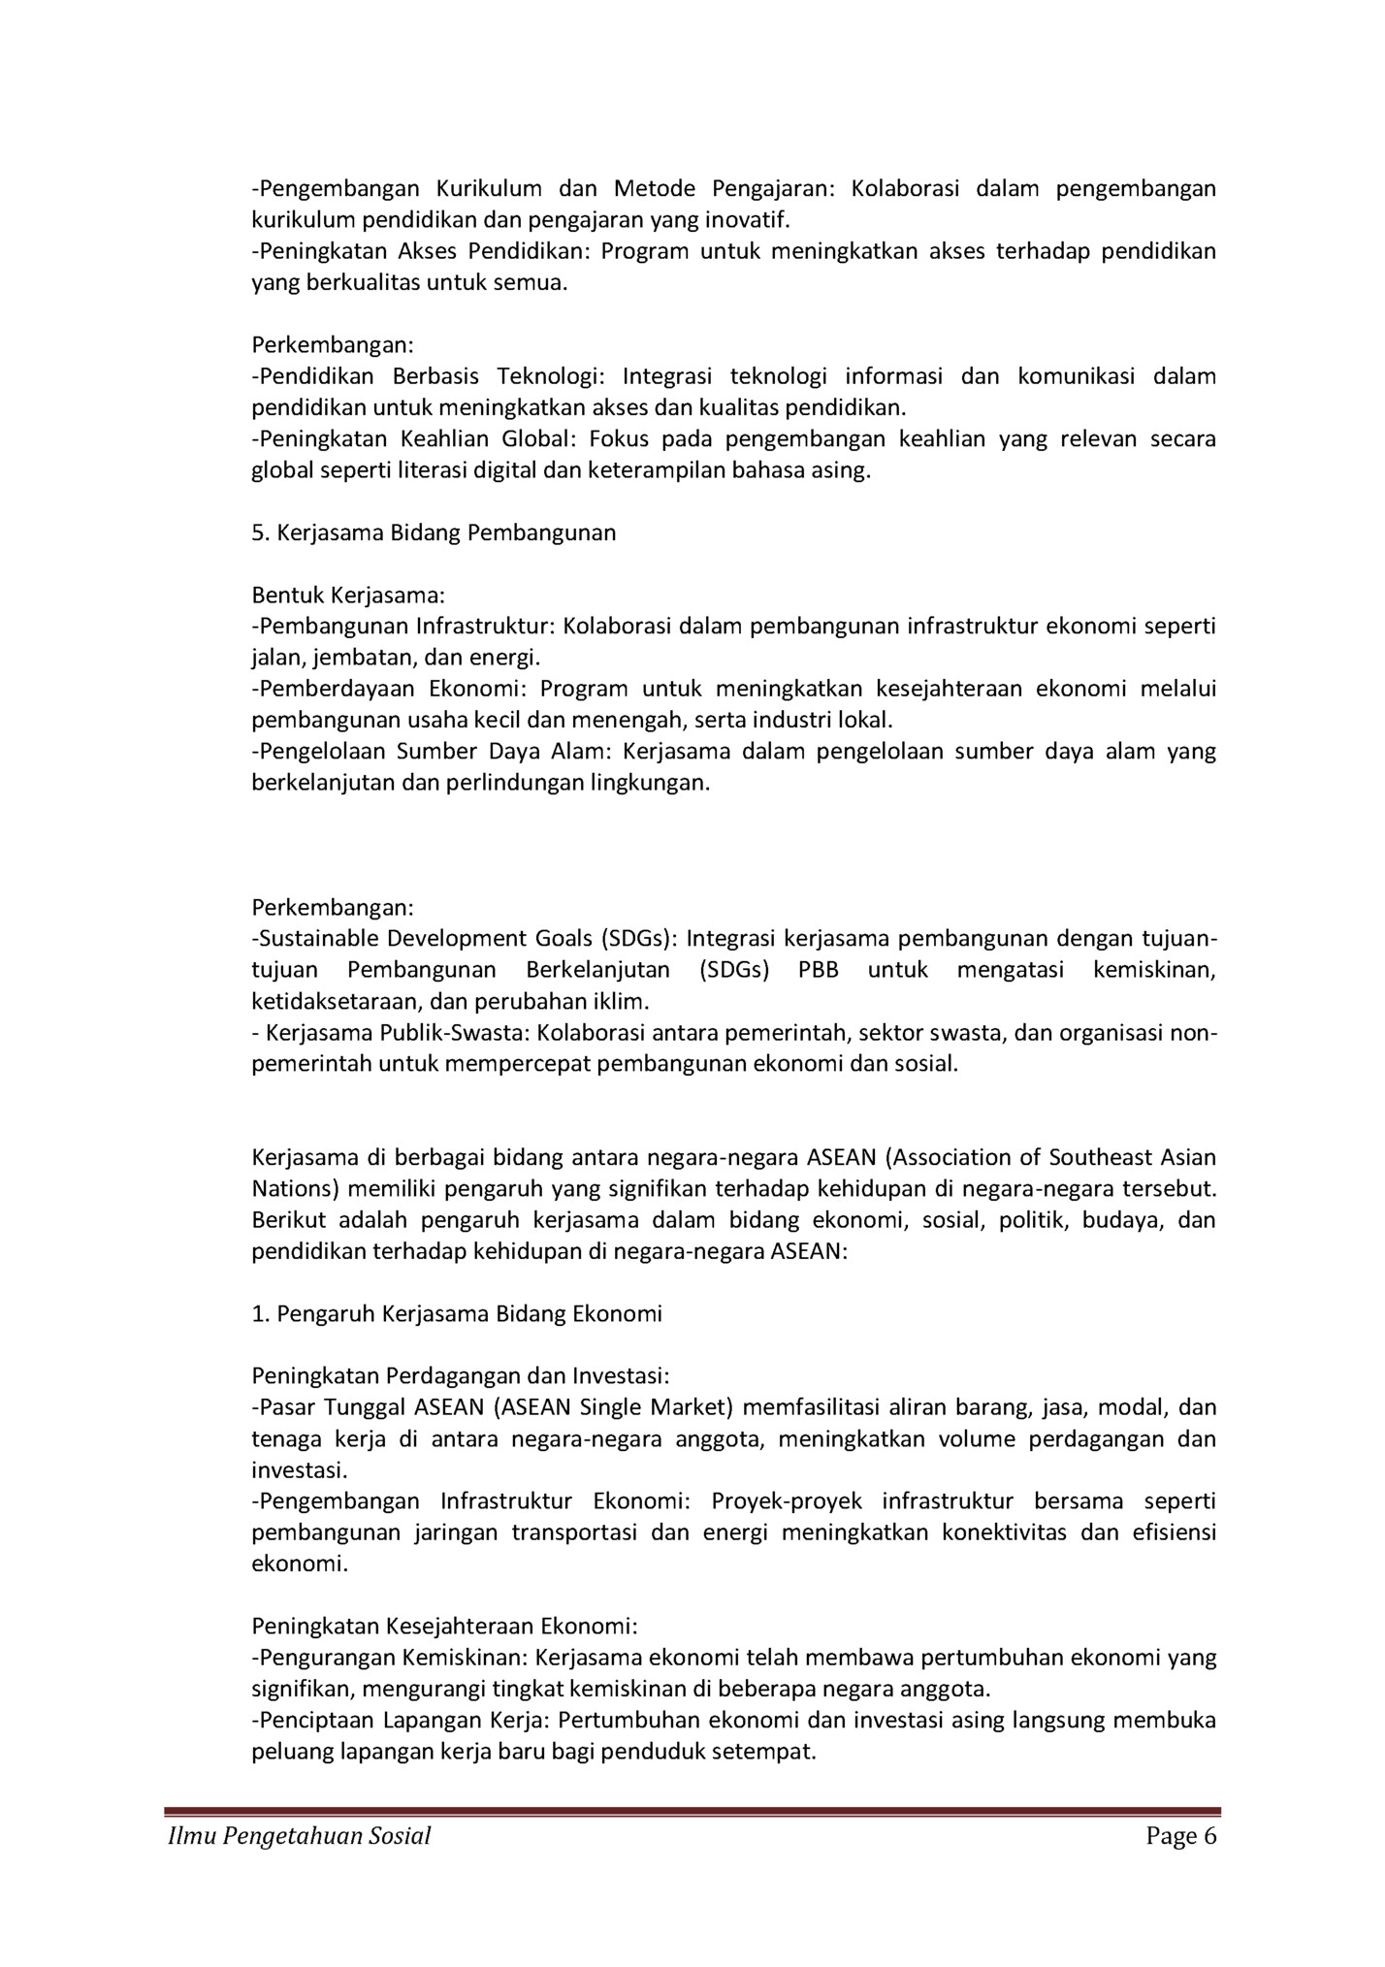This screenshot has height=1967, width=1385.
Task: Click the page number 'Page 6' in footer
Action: pos(1180,1836)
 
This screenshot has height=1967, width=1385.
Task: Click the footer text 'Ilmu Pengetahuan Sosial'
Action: pos(299,1836)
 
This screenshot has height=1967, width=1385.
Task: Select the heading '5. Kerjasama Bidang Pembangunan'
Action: pos(434,532)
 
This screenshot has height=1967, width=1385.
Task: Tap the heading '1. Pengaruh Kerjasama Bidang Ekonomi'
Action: pos(457,1313)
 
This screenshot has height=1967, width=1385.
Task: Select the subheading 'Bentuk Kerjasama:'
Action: pos(348,595)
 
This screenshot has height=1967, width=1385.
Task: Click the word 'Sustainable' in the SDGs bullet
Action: pos(314,939)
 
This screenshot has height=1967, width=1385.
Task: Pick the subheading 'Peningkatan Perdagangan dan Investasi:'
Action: pos(461,1375)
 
